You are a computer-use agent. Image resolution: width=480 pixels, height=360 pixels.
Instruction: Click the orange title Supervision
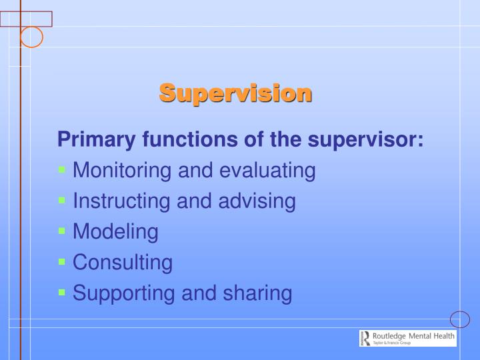point(235,93)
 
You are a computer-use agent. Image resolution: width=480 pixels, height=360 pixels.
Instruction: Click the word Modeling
point(115,232)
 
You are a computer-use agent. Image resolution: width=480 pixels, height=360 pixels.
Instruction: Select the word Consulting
point(123,263)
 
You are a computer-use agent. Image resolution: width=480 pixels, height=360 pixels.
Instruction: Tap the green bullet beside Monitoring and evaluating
point(62,170)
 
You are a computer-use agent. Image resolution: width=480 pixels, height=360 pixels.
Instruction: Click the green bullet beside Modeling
point(62,231)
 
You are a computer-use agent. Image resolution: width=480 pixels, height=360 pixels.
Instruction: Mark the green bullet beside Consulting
point(62,261)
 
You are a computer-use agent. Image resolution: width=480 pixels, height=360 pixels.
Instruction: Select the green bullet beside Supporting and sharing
point(62,292)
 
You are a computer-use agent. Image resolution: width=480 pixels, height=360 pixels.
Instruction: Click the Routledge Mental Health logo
point(407,338)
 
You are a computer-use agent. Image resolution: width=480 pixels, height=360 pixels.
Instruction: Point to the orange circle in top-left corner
point(31,37)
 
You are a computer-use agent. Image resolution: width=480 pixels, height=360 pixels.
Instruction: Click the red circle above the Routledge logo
point(460,319)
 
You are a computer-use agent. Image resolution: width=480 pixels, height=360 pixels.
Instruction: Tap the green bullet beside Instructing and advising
point(62,200)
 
